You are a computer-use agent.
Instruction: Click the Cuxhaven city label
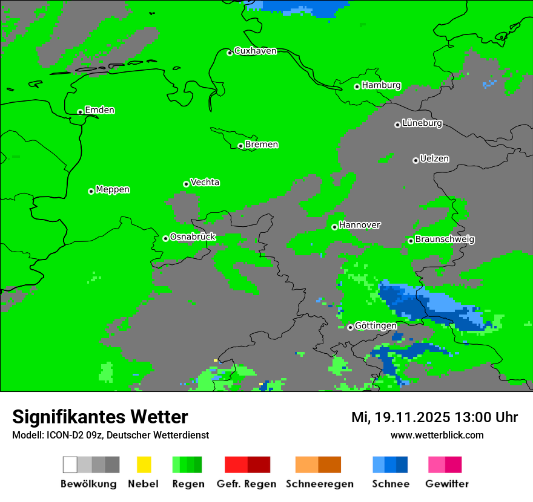pyautogui.click(x=255, y=51)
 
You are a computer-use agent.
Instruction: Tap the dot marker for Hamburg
pyautogui.click(x=357, y=86)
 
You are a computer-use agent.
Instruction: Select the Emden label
pyautogui.click(x=99, y=110)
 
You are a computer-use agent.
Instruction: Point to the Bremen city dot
pyautogui.click(x=240, y=146)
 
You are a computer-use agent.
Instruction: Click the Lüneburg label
pyautogui.click(x=422, y=123)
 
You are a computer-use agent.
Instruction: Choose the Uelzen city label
pyautogui.click(x=434, y=158)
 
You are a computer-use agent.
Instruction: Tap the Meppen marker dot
pyautogui.click(x=91, y=191)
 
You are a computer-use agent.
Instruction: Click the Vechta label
pyautogui.click(x=205, y=182)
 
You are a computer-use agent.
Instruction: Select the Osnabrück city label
pyautogui.click(x=193, y=237)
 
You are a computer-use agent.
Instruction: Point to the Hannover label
pyautogui.click(x=360, y=225)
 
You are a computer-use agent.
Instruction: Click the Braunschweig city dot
pyautogui.click(x=411, y=241)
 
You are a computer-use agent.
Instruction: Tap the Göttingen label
pyautogui.click(x=376, y=326)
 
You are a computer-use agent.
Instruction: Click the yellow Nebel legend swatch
pyautogui.click(x=144, y=465)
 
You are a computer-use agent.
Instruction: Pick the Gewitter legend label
pyautogui.click(x=447, y=484)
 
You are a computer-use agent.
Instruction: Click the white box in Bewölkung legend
pyautogui.click(x=70, y=465)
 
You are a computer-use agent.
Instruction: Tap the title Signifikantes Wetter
pyautogui.click(x=100, y=417)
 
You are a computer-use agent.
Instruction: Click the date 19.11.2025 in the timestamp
pyautogui.click(x=412, y=417)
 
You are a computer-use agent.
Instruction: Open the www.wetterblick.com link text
pyautogui.click(x=437, y=435)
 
